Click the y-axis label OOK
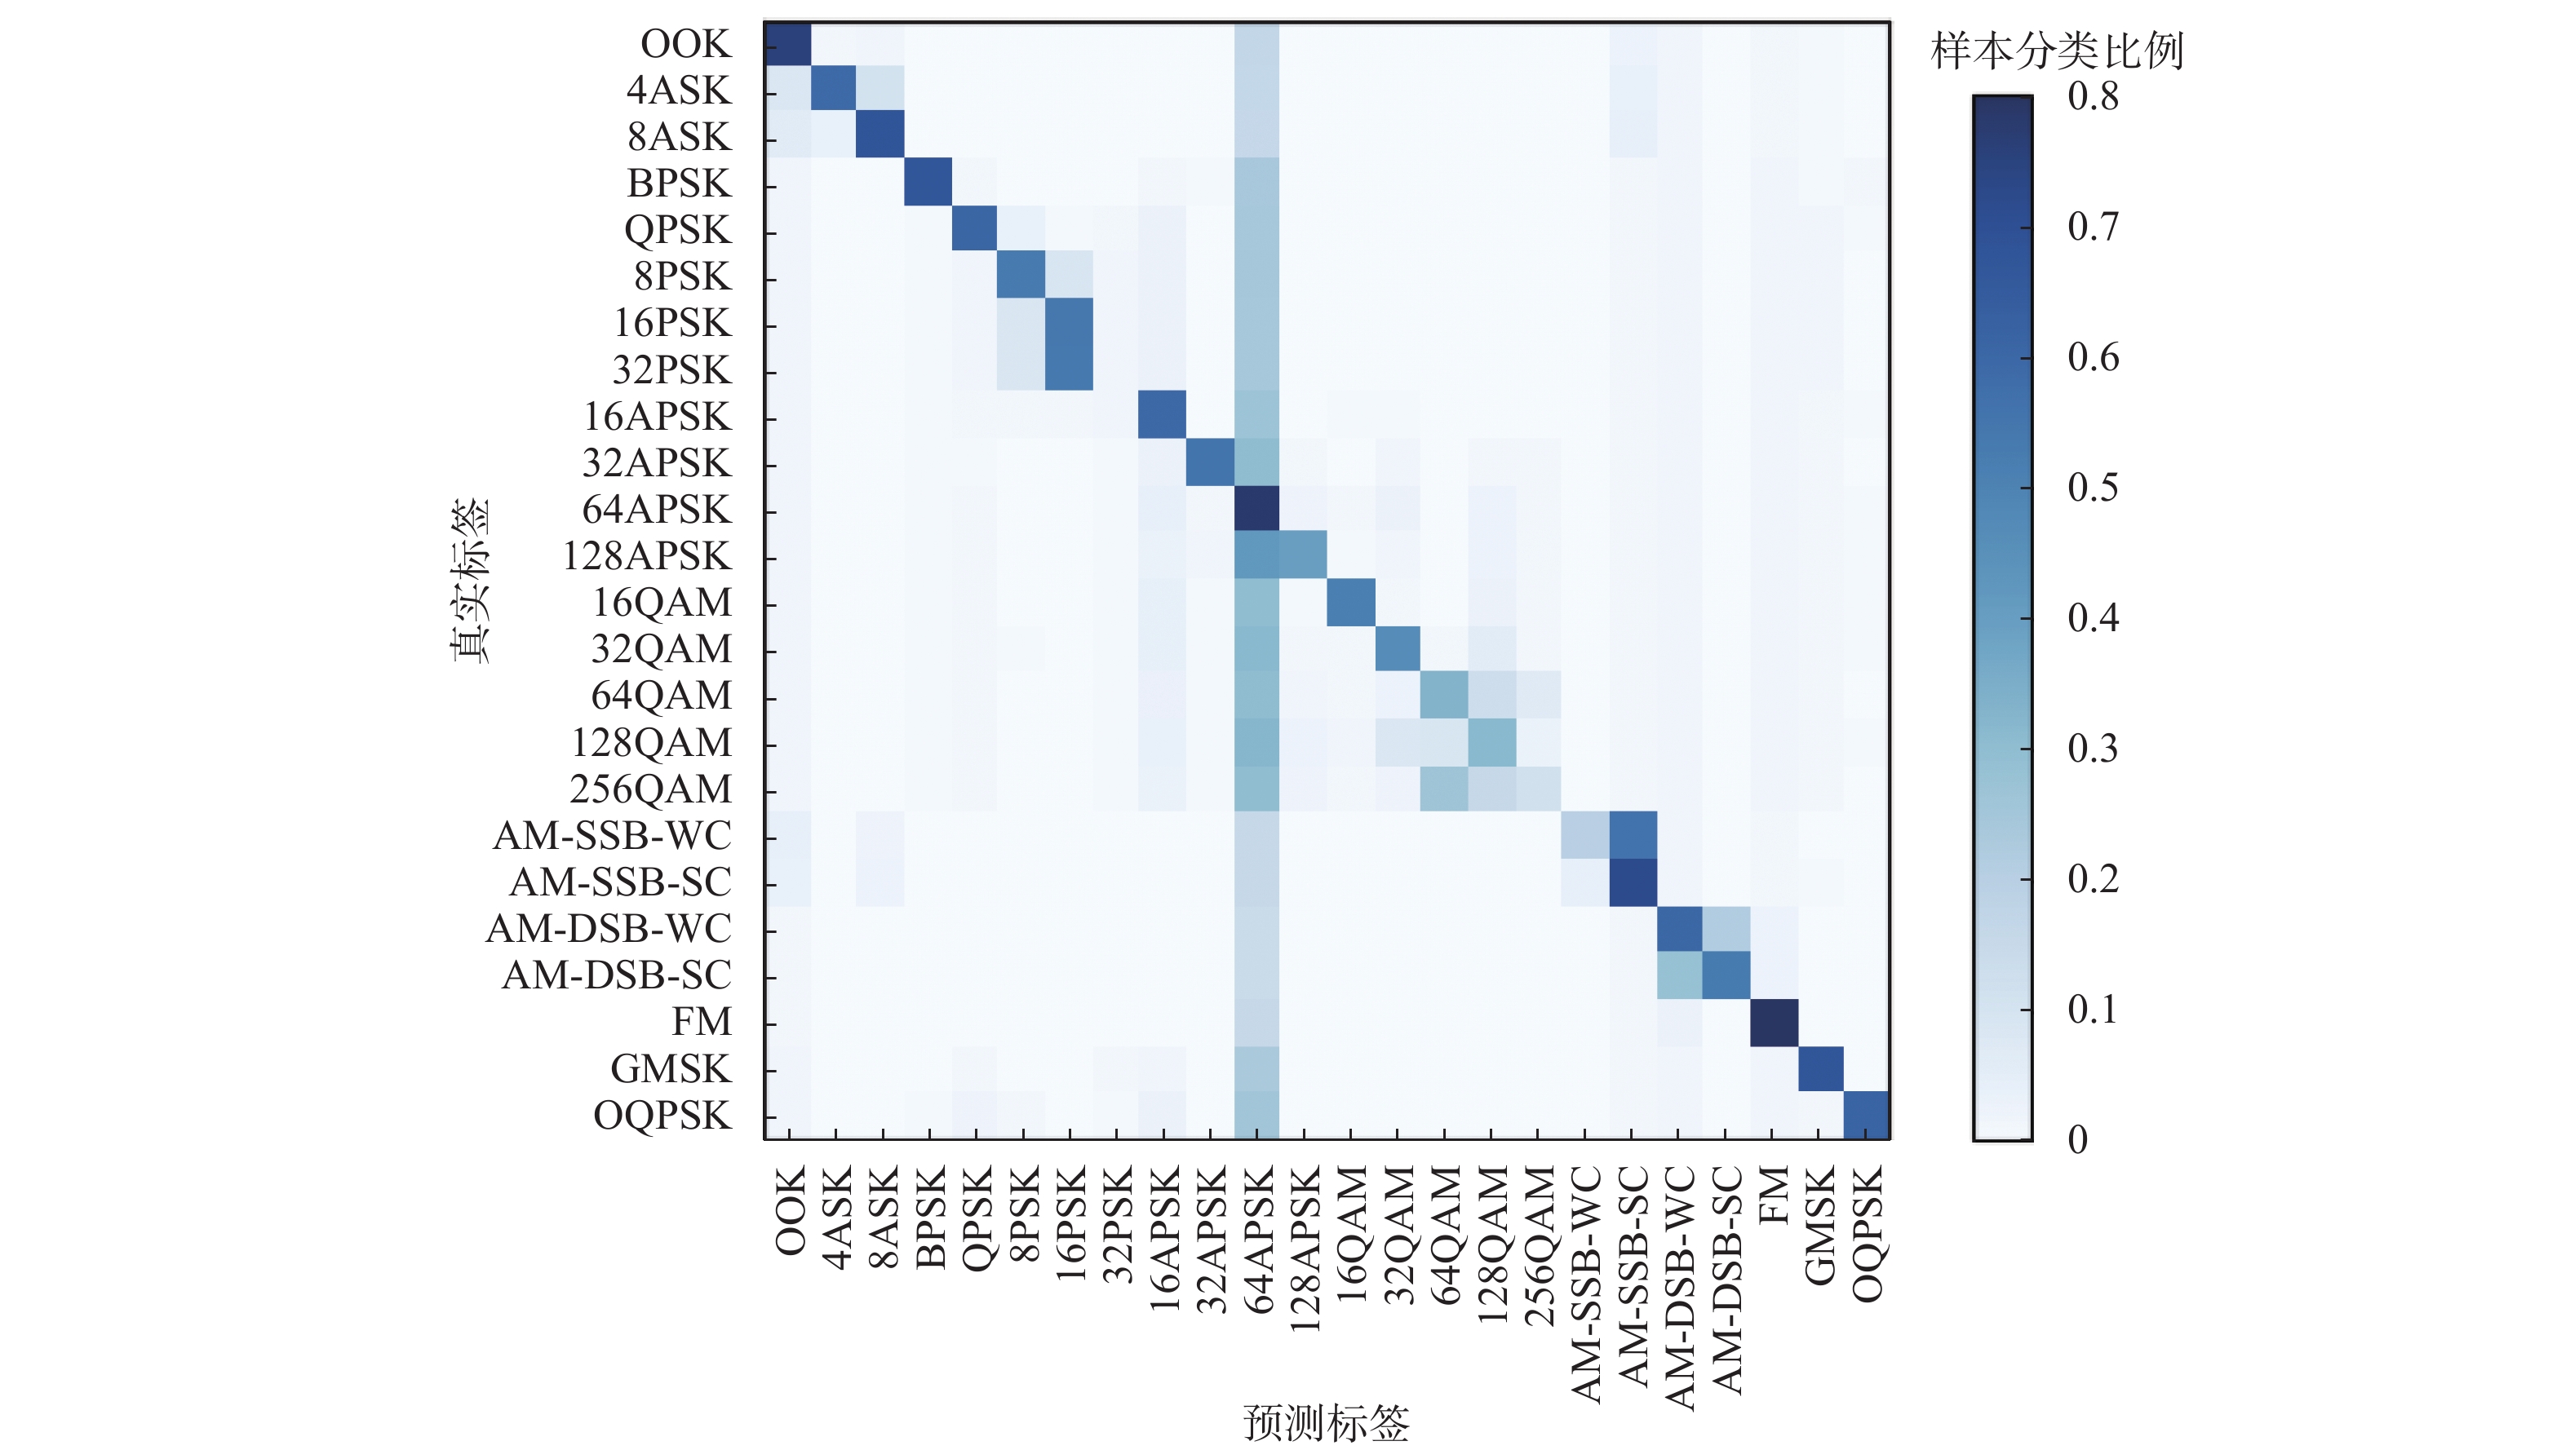pos(685,44)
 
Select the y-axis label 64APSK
pos(657,510)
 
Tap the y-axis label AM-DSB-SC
pos(617,975)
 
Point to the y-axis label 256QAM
pos(650,789)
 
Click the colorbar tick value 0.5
pos(2093,488)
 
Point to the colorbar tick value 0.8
pos(2093,97)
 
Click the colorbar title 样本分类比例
pos(2057,51)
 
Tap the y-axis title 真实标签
pos(470,581)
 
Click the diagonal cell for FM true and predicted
pos(1774,1022)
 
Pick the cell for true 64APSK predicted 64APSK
pos(1257,510)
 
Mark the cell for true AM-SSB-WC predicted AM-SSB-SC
pos(1633,836)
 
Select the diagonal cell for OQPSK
pos(1867,1115)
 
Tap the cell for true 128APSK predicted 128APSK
pos(1304,555)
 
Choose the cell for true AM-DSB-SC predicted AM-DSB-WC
pos(1680,975)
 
